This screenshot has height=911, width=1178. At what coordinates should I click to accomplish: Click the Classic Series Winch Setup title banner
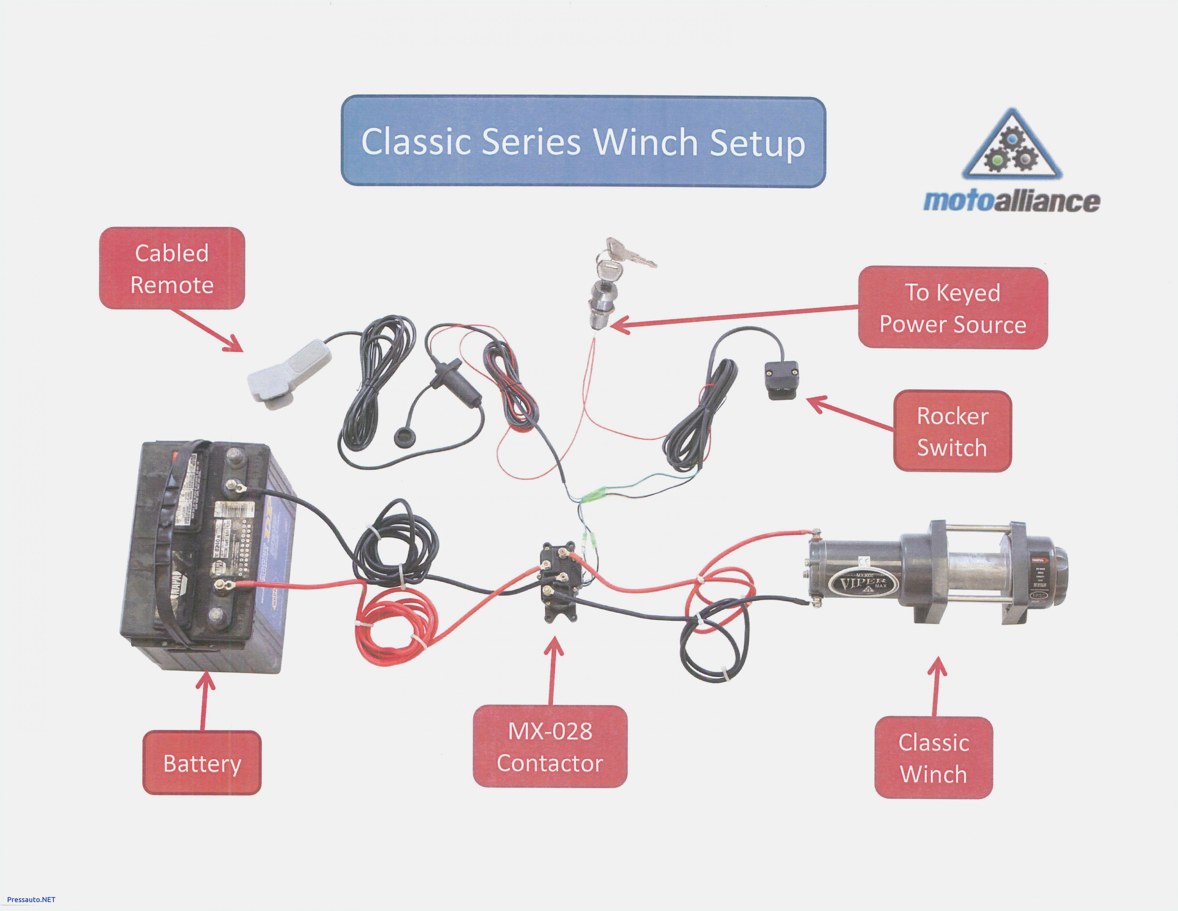click(x=583, y=141)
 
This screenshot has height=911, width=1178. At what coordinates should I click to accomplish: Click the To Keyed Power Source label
click(x=953, y=308)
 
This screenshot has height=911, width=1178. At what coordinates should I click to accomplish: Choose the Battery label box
click(x=202, y=763)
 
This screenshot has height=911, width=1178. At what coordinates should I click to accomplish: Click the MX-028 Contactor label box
click(x=550, y=746)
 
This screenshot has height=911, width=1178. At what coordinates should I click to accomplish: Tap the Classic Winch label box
click(x=933, y=758)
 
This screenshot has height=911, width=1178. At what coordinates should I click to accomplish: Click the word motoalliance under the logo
click(x=1011, y=201)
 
